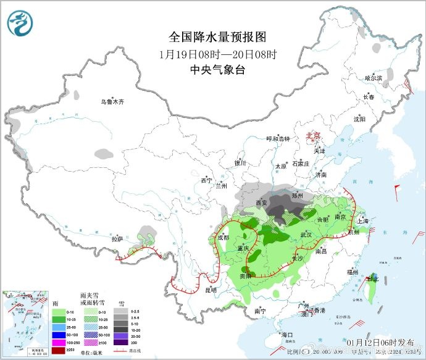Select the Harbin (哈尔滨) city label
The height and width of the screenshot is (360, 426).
click(374, 78)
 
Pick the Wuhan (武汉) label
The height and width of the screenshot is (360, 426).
click(305, 235)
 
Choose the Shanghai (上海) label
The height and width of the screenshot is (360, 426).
click(362, 221)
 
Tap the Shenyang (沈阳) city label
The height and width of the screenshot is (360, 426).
click(359, 119)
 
